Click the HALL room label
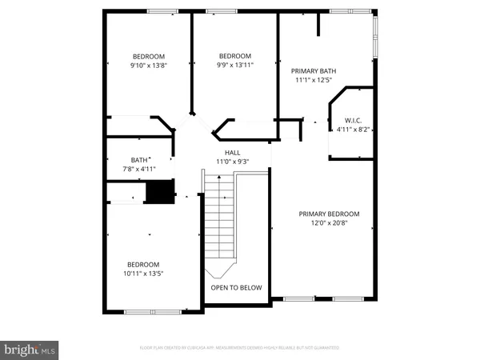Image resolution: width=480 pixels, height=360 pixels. (232, 152)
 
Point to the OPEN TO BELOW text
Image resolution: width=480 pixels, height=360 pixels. (236, 287)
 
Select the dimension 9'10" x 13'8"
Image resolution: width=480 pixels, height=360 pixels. (149, 65)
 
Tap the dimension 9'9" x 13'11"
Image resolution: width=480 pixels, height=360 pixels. (236, 65)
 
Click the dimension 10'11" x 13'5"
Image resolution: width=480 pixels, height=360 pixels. (143, 274)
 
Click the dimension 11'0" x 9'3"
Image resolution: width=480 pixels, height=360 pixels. (232, 162)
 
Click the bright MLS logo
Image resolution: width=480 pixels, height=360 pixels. (30, 349)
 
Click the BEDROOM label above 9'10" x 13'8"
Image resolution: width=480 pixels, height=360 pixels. (149, 55)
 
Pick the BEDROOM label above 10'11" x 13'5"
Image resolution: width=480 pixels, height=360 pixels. (143, 264)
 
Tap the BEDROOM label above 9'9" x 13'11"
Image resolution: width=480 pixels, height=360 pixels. (236, 55)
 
